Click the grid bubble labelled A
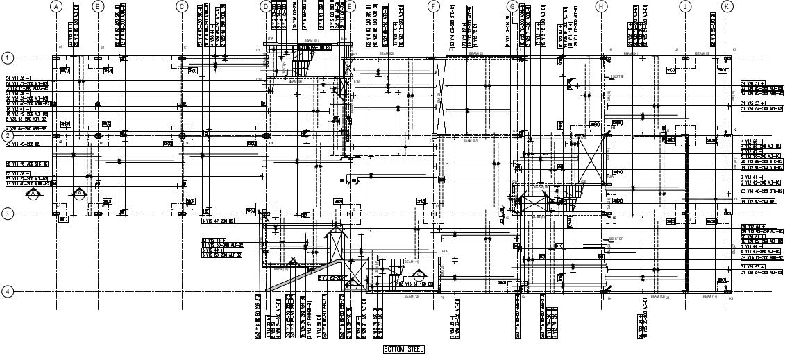pyautogui.click(x=56, y=6)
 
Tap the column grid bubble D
pyautogui.click(x=266, y=6)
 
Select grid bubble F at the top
pyautogui.click(x=434, y=6)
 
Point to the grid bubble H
pyautogui.click(x=601, y=6)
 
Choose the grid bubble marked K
pyautogui.click(x=727, y=6)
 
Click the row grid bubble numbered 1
pyautogui.click(x=8, y=58)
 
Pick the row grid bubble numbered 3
pyautogui.click(x=8, y=214)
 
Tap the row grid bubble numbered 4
pyautogui.click(x=8, y=291)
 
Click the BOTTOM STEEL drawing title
pyautogui.click(x=403, y=349)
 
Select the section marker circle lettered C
pyautogui.click(x=79, y=194)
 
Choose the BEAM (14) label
pyautogui.click(x=709, y=297)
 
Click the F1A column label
pyautogui.click(x=444, y=251)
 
